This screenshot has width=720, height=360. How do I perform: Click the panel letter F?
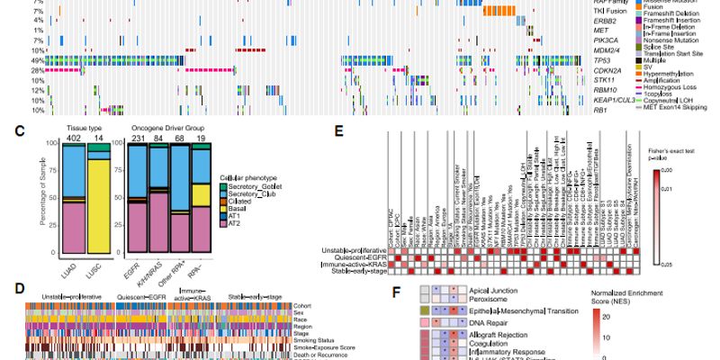pyautogui.click(x=397, y=292)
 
